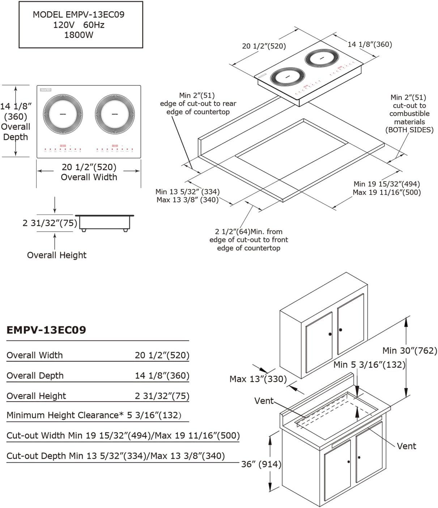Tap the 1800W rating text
[x=78, y=35]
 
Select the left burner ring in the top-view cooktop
[x=60, y=113]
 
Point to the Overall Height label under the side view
[x=57, y=255]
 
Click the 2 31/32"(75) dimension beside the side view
[x=50, y=223]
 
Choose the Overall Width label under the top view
[x=89, y=177]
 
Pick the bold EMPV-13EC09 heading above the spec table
[x=46, y=330]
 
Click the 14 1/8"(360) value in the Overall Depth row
[x=162, y=376]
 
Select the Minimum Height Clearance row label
[x=63, y=415]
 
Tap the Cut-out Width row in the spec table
[x=123, y=435]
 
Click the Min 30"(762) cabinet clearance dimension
[x=410, y=350]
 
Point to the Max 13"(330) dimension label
[x=258, y=379]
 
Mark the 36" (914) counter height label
[x=261, y=464]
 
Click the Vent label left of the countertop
[x=264, y=401]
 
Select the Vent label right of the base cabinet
[x=407, y=446]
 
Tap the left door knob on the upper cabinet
[x=330, y=334]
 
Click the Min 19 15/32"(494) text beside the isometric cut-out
[x=387, y=184]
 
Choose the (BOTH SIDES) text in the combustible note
[x=409, y=130]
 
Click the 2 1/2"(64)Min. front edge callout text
[x=249, y=232]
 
